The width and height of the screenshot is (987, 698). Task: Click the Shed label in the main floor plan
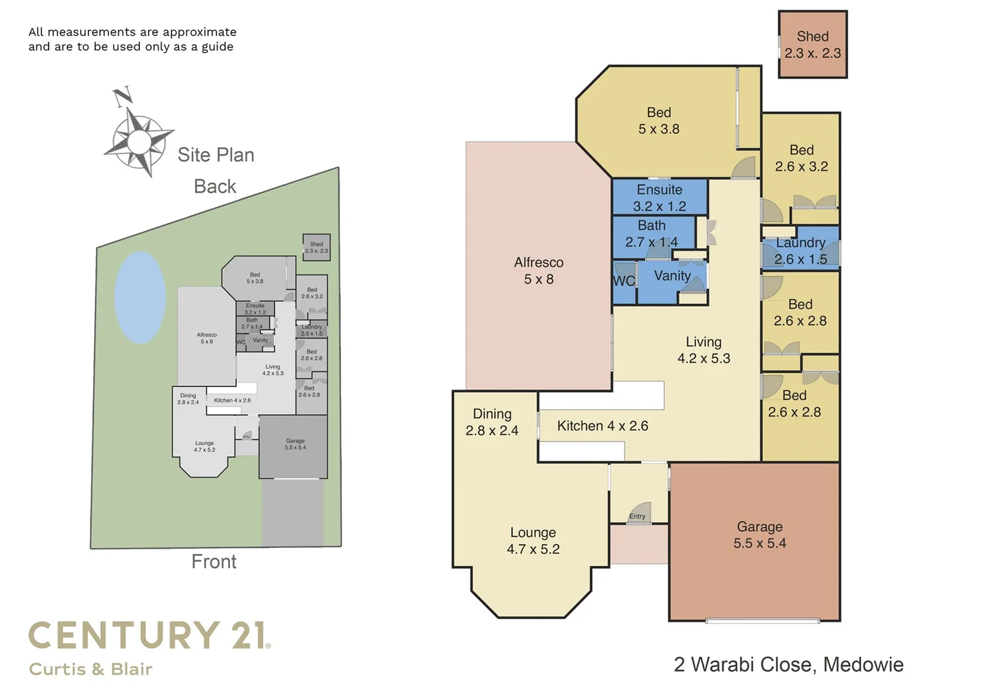point(812,45)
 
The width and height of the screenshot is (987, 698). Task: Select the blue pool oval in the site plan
point(140,297)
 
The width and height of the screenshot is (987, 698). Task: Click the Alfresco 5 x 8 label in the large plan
point(538,271)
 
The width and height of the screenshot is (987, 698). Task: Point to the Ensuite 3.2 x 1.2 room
point(659,198)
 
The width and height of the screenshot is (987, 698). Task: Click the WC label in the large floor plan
point(623,281)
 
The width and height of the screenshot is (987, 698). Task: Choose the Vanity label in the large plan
point(672,276)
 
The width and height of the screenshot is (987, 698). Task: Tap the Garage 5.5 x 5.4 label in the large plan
point(759,535)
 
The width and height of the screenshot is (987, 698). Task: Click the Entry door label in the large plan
point(637,516)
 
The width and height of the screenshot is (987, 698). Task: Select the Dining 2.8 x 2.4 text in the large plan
point(492,422)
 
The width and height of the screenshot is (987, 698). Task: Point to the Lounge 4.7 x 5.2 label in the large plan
point(533,541)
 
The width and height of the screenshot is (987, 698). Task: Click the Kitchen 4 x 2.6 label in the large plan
point(602,426)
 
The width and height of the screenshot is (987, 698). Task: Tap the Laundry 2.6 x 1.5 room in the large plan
point(800,251)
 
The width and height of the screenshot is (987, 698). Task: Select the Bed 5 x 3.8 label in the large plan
point(658,121)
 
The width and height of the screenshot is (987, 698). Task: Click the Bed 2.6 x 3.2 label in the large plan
point(801,158)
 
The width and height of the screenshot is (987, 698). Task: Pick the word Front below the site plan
point(214,562)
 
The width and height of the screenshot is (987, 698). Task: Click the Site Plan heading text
point(216,155)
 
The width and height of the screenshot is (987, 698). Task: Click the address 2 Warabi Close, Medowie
point(788,664)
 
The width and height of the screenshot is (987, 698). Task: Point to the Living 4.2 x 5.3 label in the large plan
point(703,350)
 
